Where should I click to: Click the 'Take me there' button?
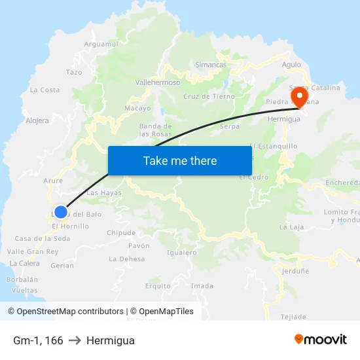coord(180,160)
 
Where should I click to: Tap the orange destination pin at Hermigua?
coord(299,98)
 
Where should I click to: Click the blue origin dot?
coord(60,212)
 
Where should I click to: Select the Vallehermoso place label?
coord(157,83)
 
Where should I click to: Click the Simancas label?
coord(211,65)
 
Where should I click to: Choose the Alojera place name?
coord(37,120)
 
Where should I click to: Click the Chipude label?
coord(121,232)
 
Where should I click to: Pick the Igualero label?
coord(182,252)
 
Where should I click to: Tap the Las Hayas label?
coord(104,193)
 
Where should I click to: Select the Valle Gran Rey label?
coord(33,251)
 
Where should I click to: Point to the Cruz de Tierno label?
coord(209,96)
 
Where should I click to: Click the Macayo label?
coord(137,108)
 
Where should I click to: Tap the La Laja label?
coord(292,227)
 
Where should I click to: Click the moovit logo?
coord(320,340)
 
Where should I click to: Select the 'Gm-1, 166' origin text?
coord(38,340)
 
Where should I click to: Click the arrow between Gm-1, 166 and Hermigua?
coord(75,340)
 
